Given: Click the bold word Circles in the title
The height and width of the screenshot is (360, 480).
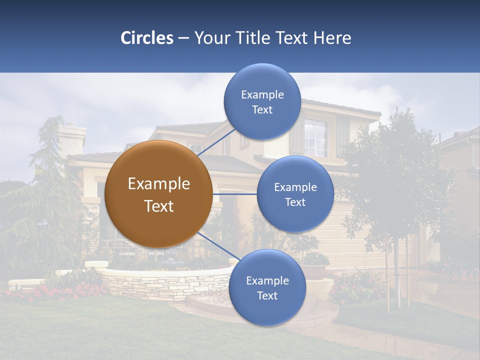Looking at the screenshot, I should [146, 38].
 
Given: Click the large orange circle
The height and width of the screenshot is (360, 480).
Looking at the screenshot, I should [158, 194].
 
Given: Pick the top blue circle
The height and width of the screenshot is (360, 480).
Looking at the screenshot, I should [262, 101].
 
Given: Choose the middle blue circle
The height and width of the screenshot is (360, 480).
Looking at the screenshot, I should [295, 194].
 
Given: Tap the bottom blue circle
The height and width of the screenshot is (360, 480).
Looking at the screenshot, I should [267, 287].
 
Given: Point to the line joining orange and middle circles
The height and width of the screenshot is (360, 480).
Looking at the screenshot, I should [235, 194].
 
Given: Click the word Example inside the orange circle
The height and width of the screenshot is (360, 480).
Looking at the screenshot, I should [159, 184].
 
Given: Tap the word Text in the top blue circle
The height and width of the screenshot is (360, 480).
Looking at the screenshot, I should [262, 109].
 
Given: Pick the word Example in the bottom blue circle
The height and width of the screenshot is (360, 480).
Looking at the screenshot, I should [267, 280].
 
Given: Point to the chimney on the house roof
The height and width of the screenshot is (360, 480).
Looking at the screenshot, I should [72, 137].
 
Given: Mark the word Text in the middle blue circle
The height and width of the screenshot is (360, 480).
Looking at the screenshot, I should [295, 202].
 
